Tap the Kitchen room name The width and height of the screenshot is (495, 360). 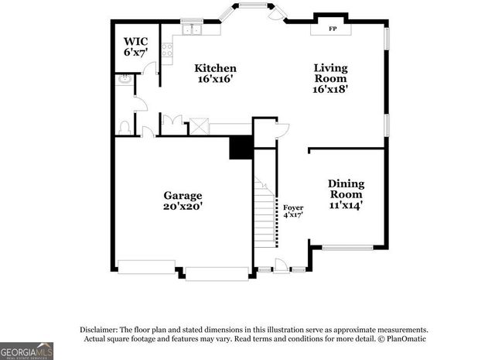click(215, 68)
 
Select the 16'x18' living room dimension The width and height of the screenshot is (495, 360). click(330, 89)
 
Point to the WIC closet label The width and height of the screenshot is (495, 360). click(136, 40)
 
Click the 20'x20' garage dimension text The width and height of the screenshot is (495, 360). click(183, 207)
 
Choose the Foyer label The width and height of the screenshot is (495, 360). click(292, 207)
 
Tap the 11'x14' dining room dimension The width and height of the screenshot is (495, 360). click(346, 206)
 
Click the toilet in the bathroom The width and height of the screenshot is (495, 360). click(124, 127)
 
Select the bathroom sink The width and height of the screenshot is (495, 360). click(124, 79)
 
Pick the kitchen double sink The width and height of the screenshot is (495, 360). click(191, 30)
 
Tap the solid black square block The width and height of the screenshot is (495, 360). click(241, 147)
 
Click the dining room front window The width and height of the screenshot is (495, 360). click(347, 248)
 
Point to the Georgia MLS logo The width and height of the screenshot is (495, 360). click(26, 351)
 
